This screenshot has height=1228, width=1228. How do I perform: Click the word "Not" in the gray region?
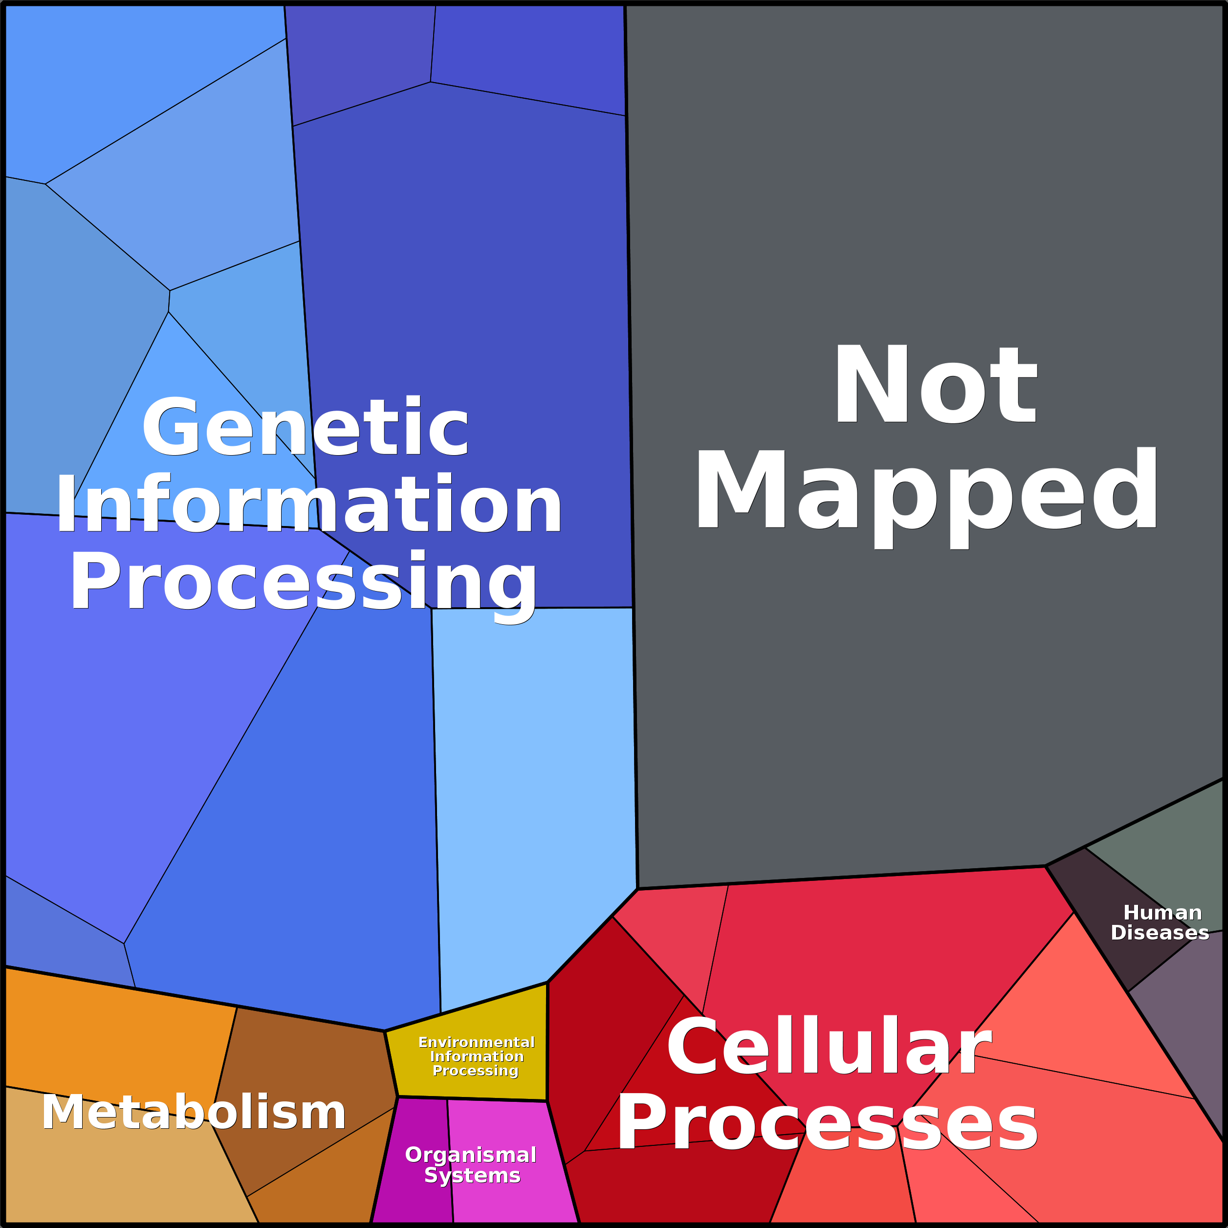pos(935,384)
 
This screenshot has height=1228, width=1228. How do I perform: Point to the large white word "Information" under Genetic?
pos(309,504)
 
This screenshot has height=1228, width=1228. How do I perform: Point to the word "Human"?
pos(1162,912)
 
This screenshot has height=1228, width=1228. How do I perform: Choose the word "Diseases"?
pos(1160,932)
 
